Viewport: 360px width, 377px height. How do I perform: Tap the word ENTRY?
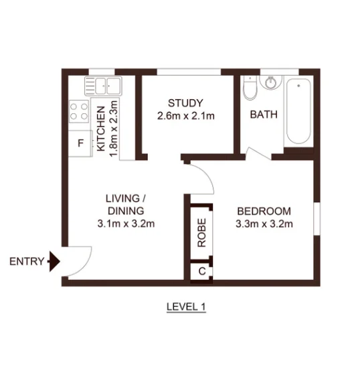pyautogui.click(x=27, y=261)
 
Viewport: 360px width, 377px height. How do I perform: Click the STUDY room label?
pyautogui.click(x=185, y=103)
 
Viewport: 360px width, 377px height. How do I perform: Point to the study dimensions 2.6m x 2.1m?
pyautogui.click(x=185, y=116)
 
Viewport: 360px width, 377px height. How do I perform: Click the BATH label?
pyautogui.click(x=263, y=115)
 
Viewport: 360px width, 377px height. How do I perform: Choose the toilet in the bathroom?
pyautogui.click(x=249, y=88)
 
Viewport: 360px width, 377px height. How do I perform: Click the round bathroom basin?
pyautogui.click(x=271, y=82)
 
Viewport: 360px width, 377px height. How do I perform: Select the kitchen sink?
pyautogui.click(x=102, y=86)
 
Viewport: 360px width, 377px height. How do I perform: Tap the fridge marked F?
pyautogui.click(x=80, y=143)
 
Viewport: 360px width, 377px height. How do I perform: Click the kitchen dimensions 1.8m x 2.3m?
pyautogui.click(x=114, y=128)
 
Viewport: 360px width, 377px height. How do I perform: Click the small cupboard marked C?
pyautogui.click(x=201, y=271)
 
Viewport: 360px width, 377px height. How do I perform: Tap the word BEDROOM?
pyautogui.click(x=264, y=211)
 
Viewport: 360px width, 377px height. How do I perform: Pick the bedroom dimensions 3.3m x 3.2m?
pyautogui.click(x=264, y=224)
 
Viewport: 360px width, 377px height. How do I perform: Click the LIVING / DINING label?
pyautogui.click(x=126, y=204)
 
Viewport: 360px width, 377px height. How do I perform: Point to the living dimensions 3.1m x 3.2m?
pyautogui.click(x=126, y=224)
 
